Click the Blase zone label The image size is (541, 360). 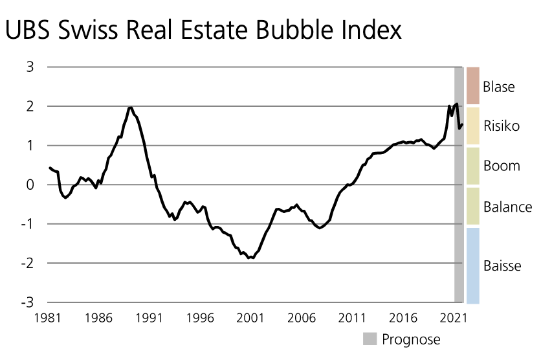point(498,87)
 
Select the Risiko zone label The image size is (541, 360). point(502,126)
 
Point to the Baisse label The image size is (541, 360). point(502,266)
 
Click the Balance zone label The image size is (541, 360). point(507,207)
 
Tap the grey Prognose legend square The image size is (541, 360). point(370,339)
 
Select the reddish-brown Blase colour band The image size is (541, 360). point(472,85)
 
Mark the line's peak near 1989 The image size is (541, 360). point(130,107)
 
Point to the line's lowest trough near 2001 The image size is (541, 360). point(250,258)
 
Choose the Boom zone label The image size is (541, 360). point(502,166)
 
